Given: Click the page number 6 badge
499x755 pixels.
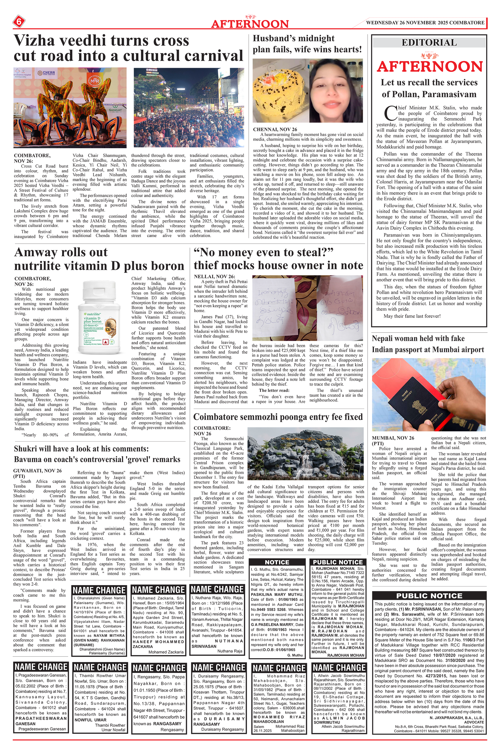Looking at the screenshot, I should tap(19, 22).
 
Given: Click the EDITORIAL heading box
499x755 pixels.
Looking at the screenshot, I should tap(429, 43).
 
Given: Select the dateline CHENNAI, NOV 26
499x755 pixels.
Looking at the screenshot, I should tap(275, 129).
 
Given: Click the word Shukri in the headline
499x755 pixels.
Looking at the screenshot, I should tap(26, 449).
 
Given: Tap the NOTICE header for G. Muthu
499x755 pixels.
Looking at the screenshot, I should tap(277, 562).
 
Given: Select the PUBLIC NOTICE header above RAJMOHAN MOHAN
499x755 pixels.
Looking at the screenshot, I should tap(338, 562).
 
